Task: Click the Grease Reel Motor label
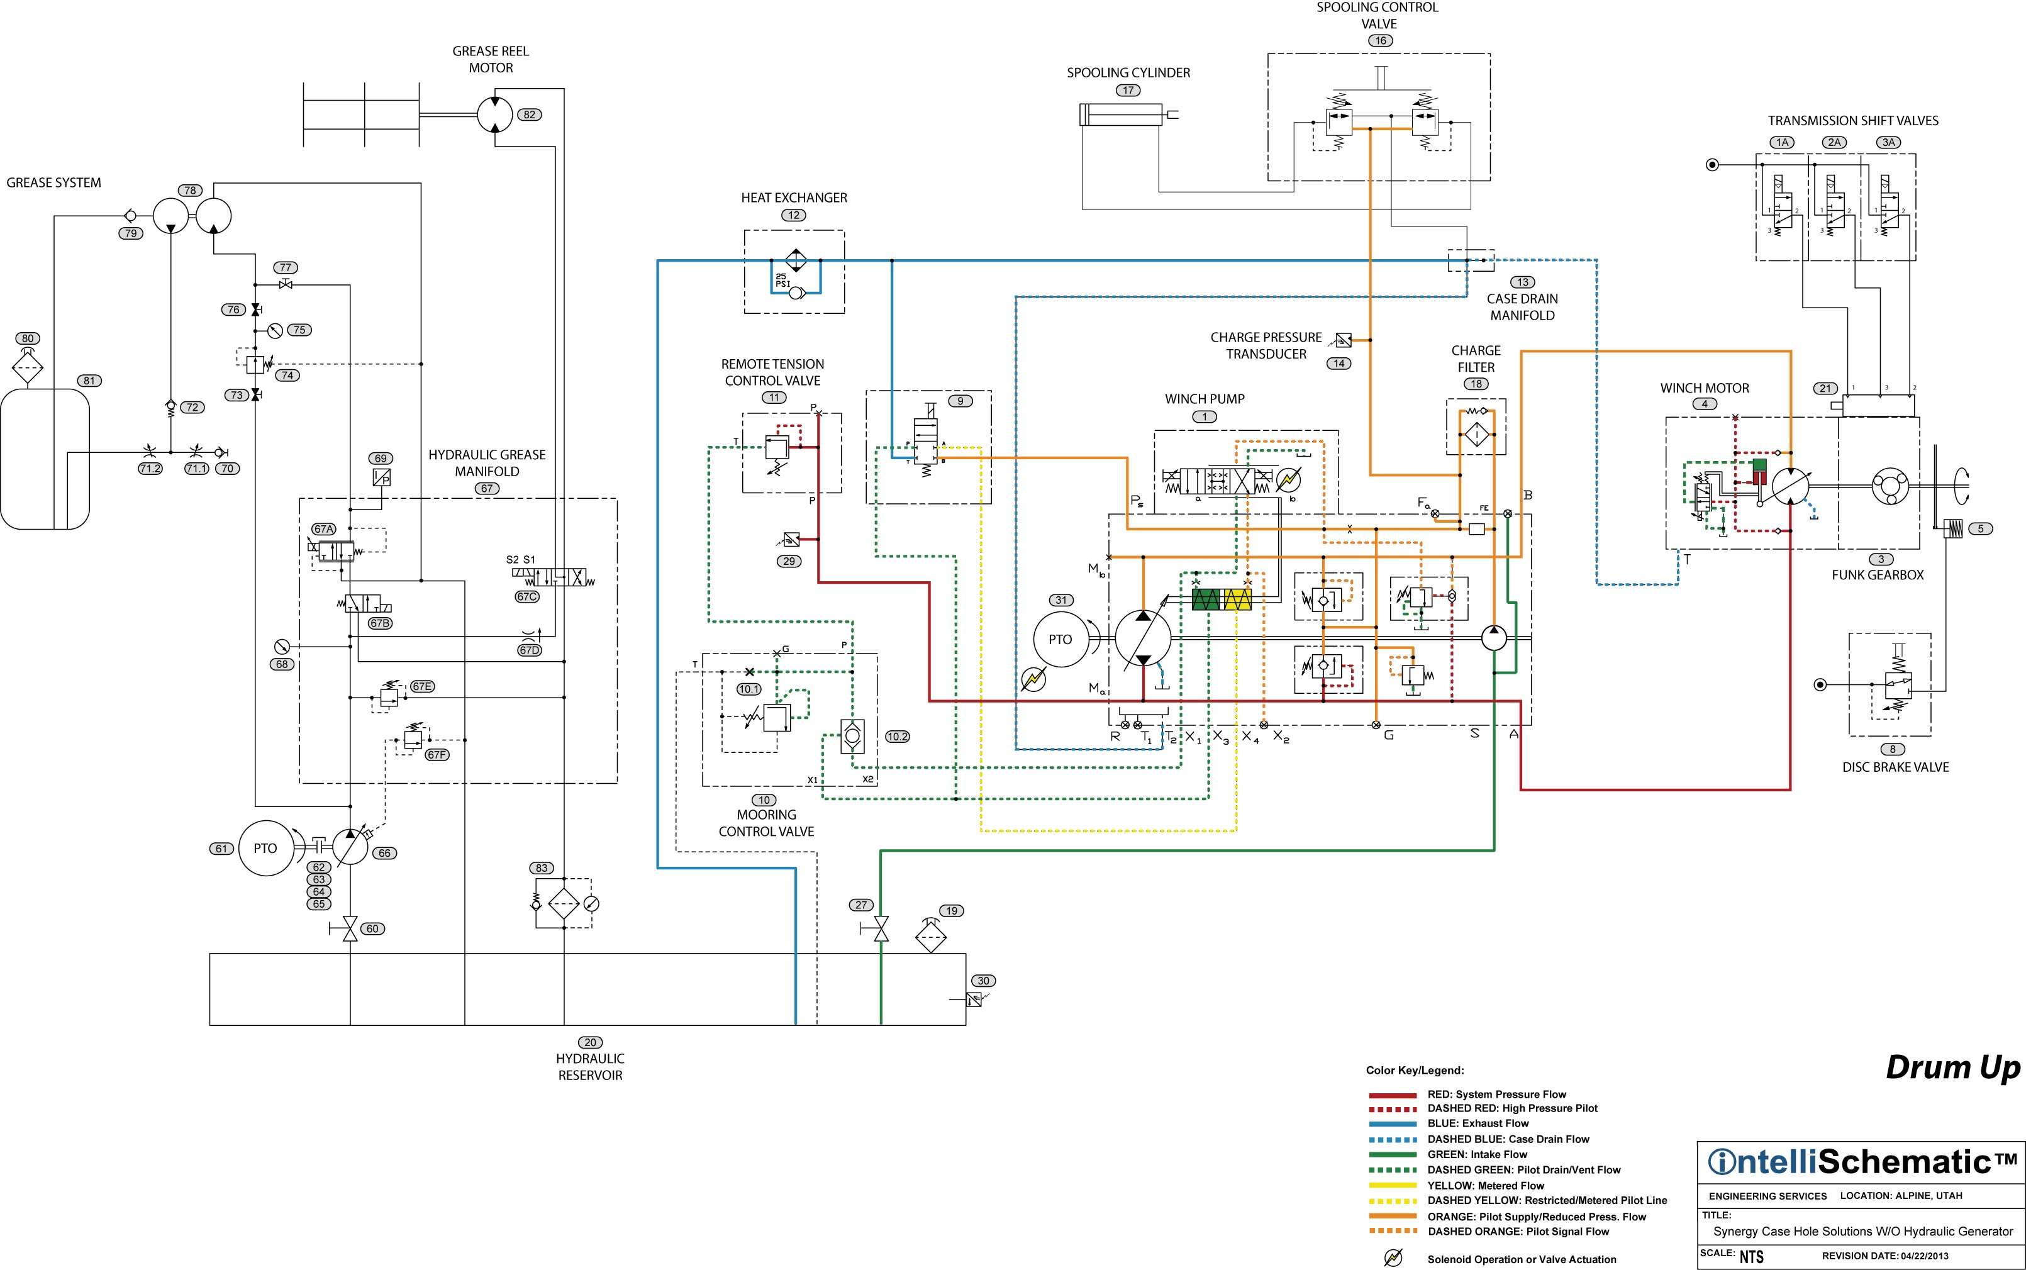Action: (x=491, y=60)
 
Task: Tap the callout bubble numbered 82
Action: (x=529, y=114)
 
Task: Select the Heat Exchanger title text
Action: (x=794, y=198)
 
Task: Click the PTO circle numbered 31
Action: (x=1060, y=639)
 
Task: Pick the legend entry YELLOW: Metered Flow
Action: (x=1485, y=1186)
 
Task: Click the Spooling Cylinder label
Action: (x=1128, y=73)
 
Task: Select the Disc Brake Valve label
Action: (x=1896, y=767)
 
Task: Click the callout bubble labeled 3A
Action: (x=1888, y=143)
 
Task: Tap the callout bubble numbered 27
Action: (x=861, y=905)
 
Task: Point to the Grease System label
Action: (x=53, y=182)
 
